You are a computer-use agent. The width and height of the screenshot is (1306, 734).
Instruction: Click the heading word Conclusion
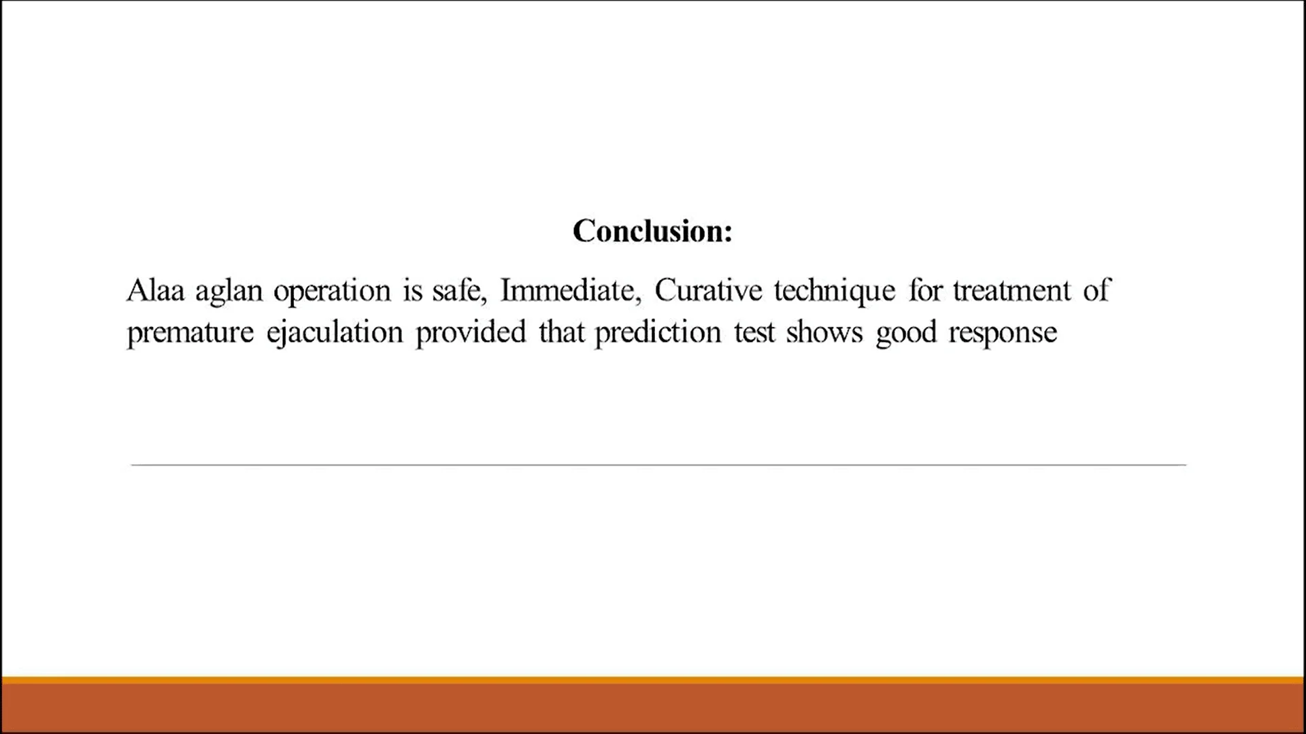652,231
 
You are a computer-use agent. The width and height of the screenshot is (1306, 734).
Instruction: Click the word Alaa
155,291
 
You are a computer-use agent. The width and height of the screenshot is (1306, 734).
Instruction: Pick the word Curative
708,291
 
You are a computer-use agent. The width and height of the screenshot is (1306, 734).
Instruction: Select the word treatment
1011,291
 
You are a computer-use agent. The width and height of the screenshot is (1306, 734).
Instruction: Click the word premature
190,333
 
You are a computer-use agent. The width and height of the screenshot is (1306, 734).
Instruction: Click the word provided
471,333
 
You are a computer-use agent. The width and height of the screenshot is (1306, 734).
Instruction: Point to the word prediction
658,333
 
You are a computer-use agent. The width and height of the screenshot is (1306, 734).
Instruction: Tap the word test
754,333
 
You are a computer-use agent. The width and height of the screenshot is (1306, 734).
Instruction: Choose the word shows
824,333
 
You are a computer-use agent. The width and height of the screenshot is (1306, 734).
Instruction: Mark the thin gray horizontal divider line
658,465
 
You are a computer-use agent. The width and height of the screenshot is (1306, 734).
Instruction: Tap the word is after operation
413,291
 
